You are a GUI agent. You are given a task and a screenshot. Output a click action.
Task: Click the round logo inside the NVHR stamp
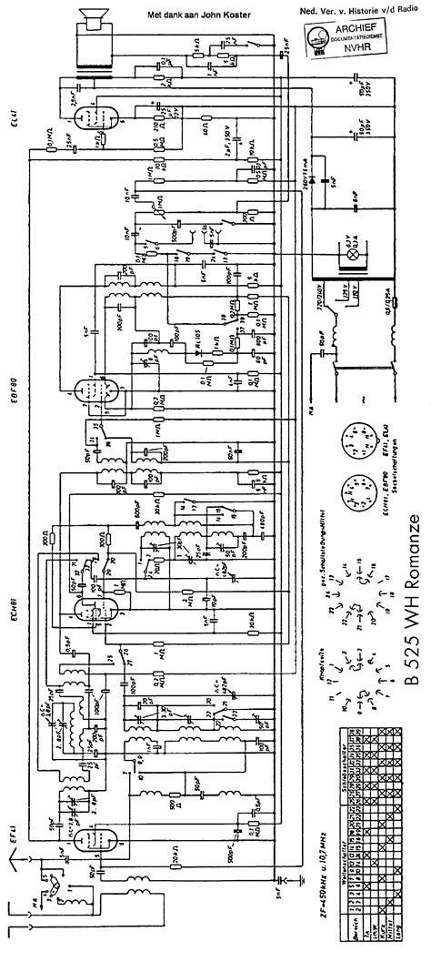pos(319,39)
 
